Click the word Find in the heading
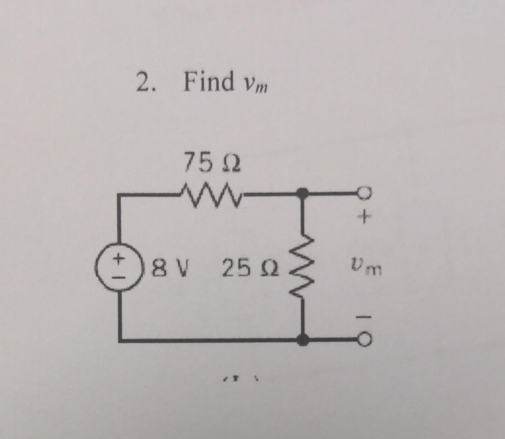pos(208,81)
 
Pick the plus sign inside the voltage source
pos(118,258)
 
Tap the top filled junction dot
pos(302,193)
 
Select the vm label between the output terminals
pos(365,269)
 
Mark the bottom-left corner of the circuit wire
pos(120,340)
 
